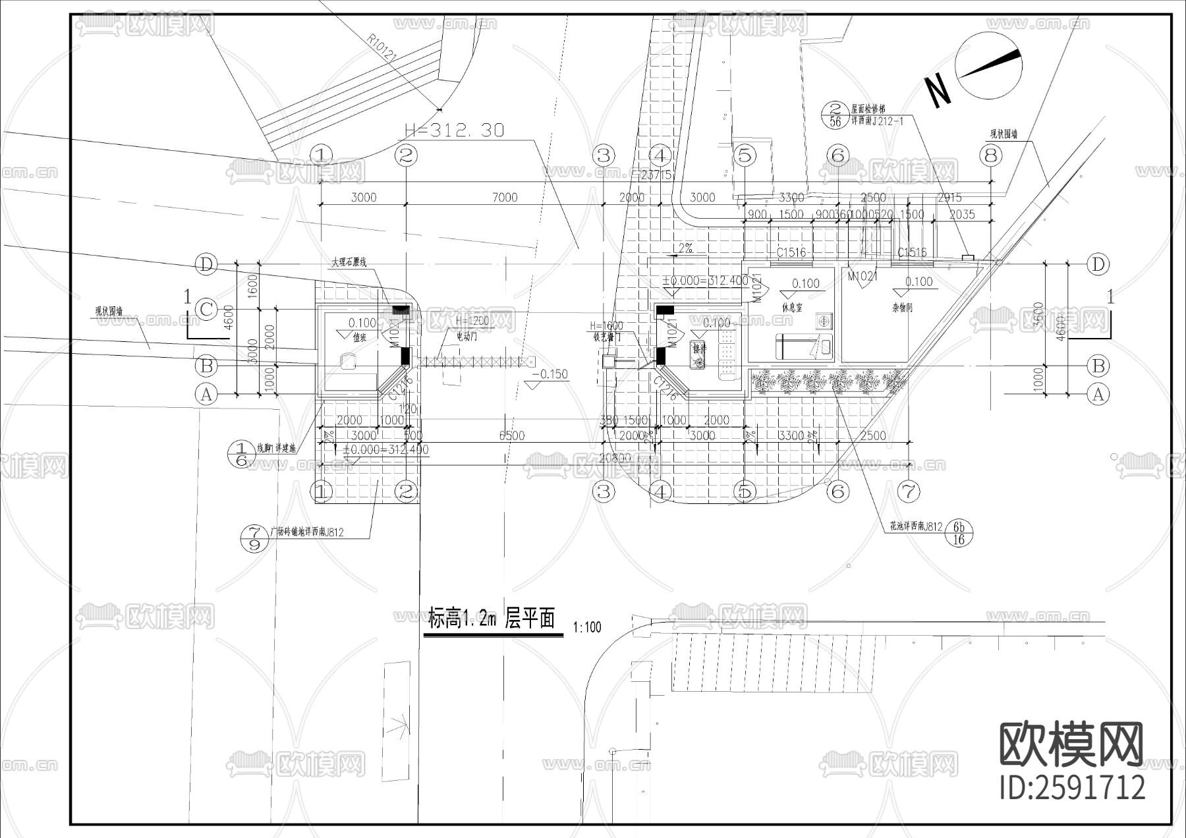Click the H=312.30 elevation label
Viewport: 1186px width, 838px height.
click(x=454, y=130)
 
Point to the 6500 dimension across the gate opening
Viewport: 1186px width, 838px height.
click(x=512, y=435)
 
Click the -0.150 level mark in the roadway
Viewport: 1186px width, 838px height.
click(x=553, y=374)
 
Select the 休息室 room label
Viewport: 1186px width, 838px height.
click(x=792, y=308)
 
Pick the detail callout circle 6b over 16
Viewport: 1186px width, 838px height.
click(x=959, y=533)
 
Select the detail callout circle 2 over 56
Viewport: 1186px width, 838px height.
click(x=835, y=115)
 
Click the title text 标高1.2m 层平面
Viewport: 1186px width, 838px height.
click(x=492, y=619)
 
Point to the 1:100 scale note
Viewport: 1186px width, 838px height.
click(x=587, y=627)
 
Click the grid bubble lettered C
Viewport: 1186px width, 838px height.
click(x=206, y=309)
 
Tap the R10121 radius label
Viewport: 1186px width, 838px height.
click(x=382, y=49)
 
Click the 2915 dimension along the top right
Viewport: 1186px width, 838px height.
click(x=949, y=197)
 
